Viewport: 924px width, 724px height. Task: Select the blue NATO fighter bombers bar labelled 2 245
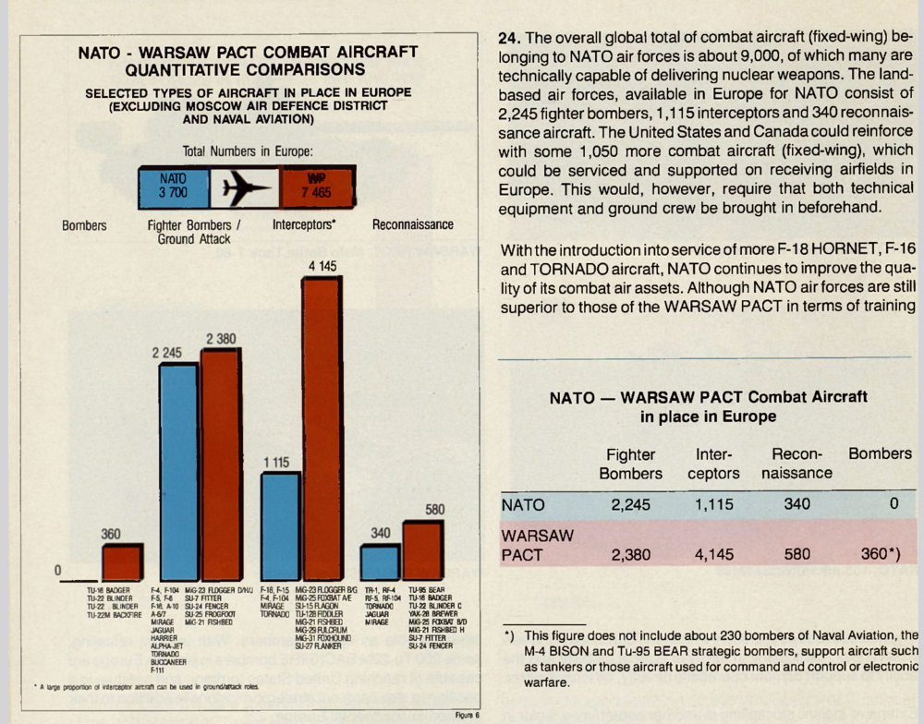pyautogui.click(x=179, y=471)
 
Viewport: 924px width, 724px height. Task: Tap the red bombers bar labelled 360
pyautogui.click(x=122, y=561)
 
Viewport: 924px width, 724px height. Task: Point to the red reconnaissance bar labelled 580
pyautogui.click(x=421, y=550)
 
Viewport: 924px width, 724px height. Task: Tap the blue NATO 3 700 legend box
pyautogui.click(x=174, y=187)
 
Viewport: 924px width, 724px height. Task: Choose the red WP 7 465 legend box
pyautogui.click(x=315, y=187)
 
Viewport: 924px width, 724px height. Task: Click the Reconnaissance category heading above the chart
pyautogui.click(x=413, y=224)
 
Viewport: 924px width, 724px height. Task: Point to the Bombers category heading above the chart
pyautogui.click(x=84, y=225)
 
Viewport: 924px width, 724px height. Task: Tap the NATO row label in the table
pyautogui.click(x=523, y=505)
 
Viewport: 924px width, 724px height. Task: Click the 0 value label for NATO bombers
pyautogui.click(x=58, y=571)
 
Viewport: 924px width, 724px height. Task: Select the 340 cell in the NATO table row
pyautogui.click(x=796, y=504)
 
